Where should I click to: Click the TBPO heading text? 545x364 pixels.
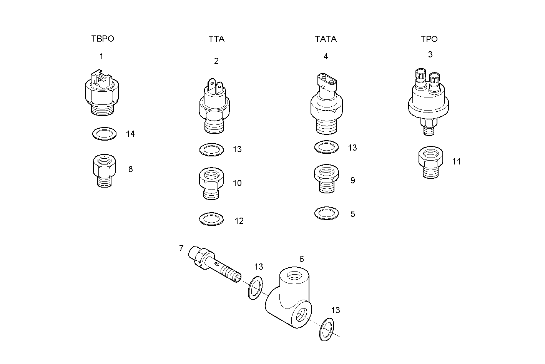click(x=103, y=39)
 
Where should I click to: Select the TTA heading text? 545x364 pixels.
click(x=216, y=39)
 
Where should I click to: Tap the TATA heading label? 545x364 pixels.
click(x=326, y=39)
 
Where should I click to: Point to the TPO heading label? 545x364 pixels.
click(x=429, y=39)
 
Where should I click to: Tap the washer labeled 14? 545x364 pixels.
click(x=104, y=134)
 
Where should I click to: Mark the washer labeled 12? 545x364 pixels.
click(x=211, y=219)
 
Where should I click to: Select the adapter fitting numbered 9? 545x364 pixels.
click(x=326, y=178)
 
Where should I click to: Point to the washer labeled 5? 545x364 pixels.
click(x=326, y=213)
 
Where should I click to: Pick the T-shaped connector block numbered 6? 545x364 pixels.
click(x=290, y=302)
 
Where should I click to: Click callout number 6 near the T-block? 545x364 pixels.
click(x=301, y=259)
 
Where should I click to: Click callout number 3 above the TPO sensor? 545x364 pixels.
click(x=430, y=55)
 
